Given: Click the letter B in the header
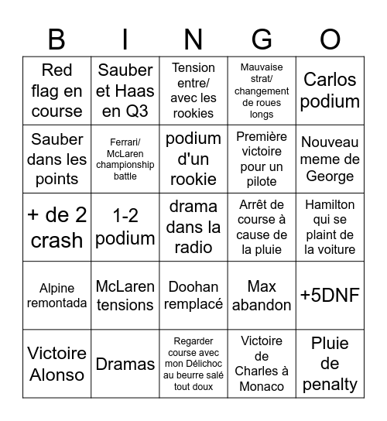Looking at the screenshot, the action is [x=57, y=39].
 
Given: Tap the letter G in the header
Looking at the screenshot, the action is [x=262, y=39].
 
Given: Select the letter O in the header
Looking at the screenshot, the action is [x=330, y=39].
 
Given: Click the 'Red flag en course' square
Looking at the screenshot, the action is [x=57, y=91].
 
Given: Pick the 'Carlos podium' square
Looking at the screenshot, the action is [x=330, y=91].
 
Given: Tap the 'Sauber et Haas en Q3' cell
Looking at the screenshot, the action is [x=125, y=91].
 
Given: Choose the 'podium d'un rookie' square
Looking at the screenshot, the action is [x=193, y=159].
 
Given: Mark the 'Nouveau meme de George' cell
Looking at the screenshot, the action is [x=330, y=159].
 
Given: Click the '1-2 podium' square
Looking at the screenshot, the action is [x=125, y=227].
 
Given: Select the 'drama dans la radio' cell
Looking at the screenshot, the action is [x=193, y=227].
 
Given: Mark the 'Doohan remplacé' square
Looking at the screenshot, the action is [x=193, y=296].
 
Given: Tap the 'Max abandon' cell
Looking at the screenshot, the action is [x=262, y=296].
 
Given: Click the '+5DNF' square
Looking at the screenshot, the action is [x=330, y=296].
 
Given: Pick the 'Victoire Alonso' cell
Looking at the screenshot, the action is [x=57, y=364].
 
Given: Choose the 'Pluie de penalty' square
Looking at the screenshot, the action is [x=330, y=364].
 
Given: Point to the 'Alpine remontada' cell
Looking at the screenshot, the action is [x=57, y=296].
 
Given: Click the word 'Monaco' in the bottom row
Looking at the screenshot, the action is [x=262, y=385].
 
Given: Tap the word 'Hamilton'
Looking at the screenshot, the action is [x=330, y=205].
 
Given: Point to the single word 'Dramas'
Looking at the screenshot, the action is [x=125, y=364].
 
